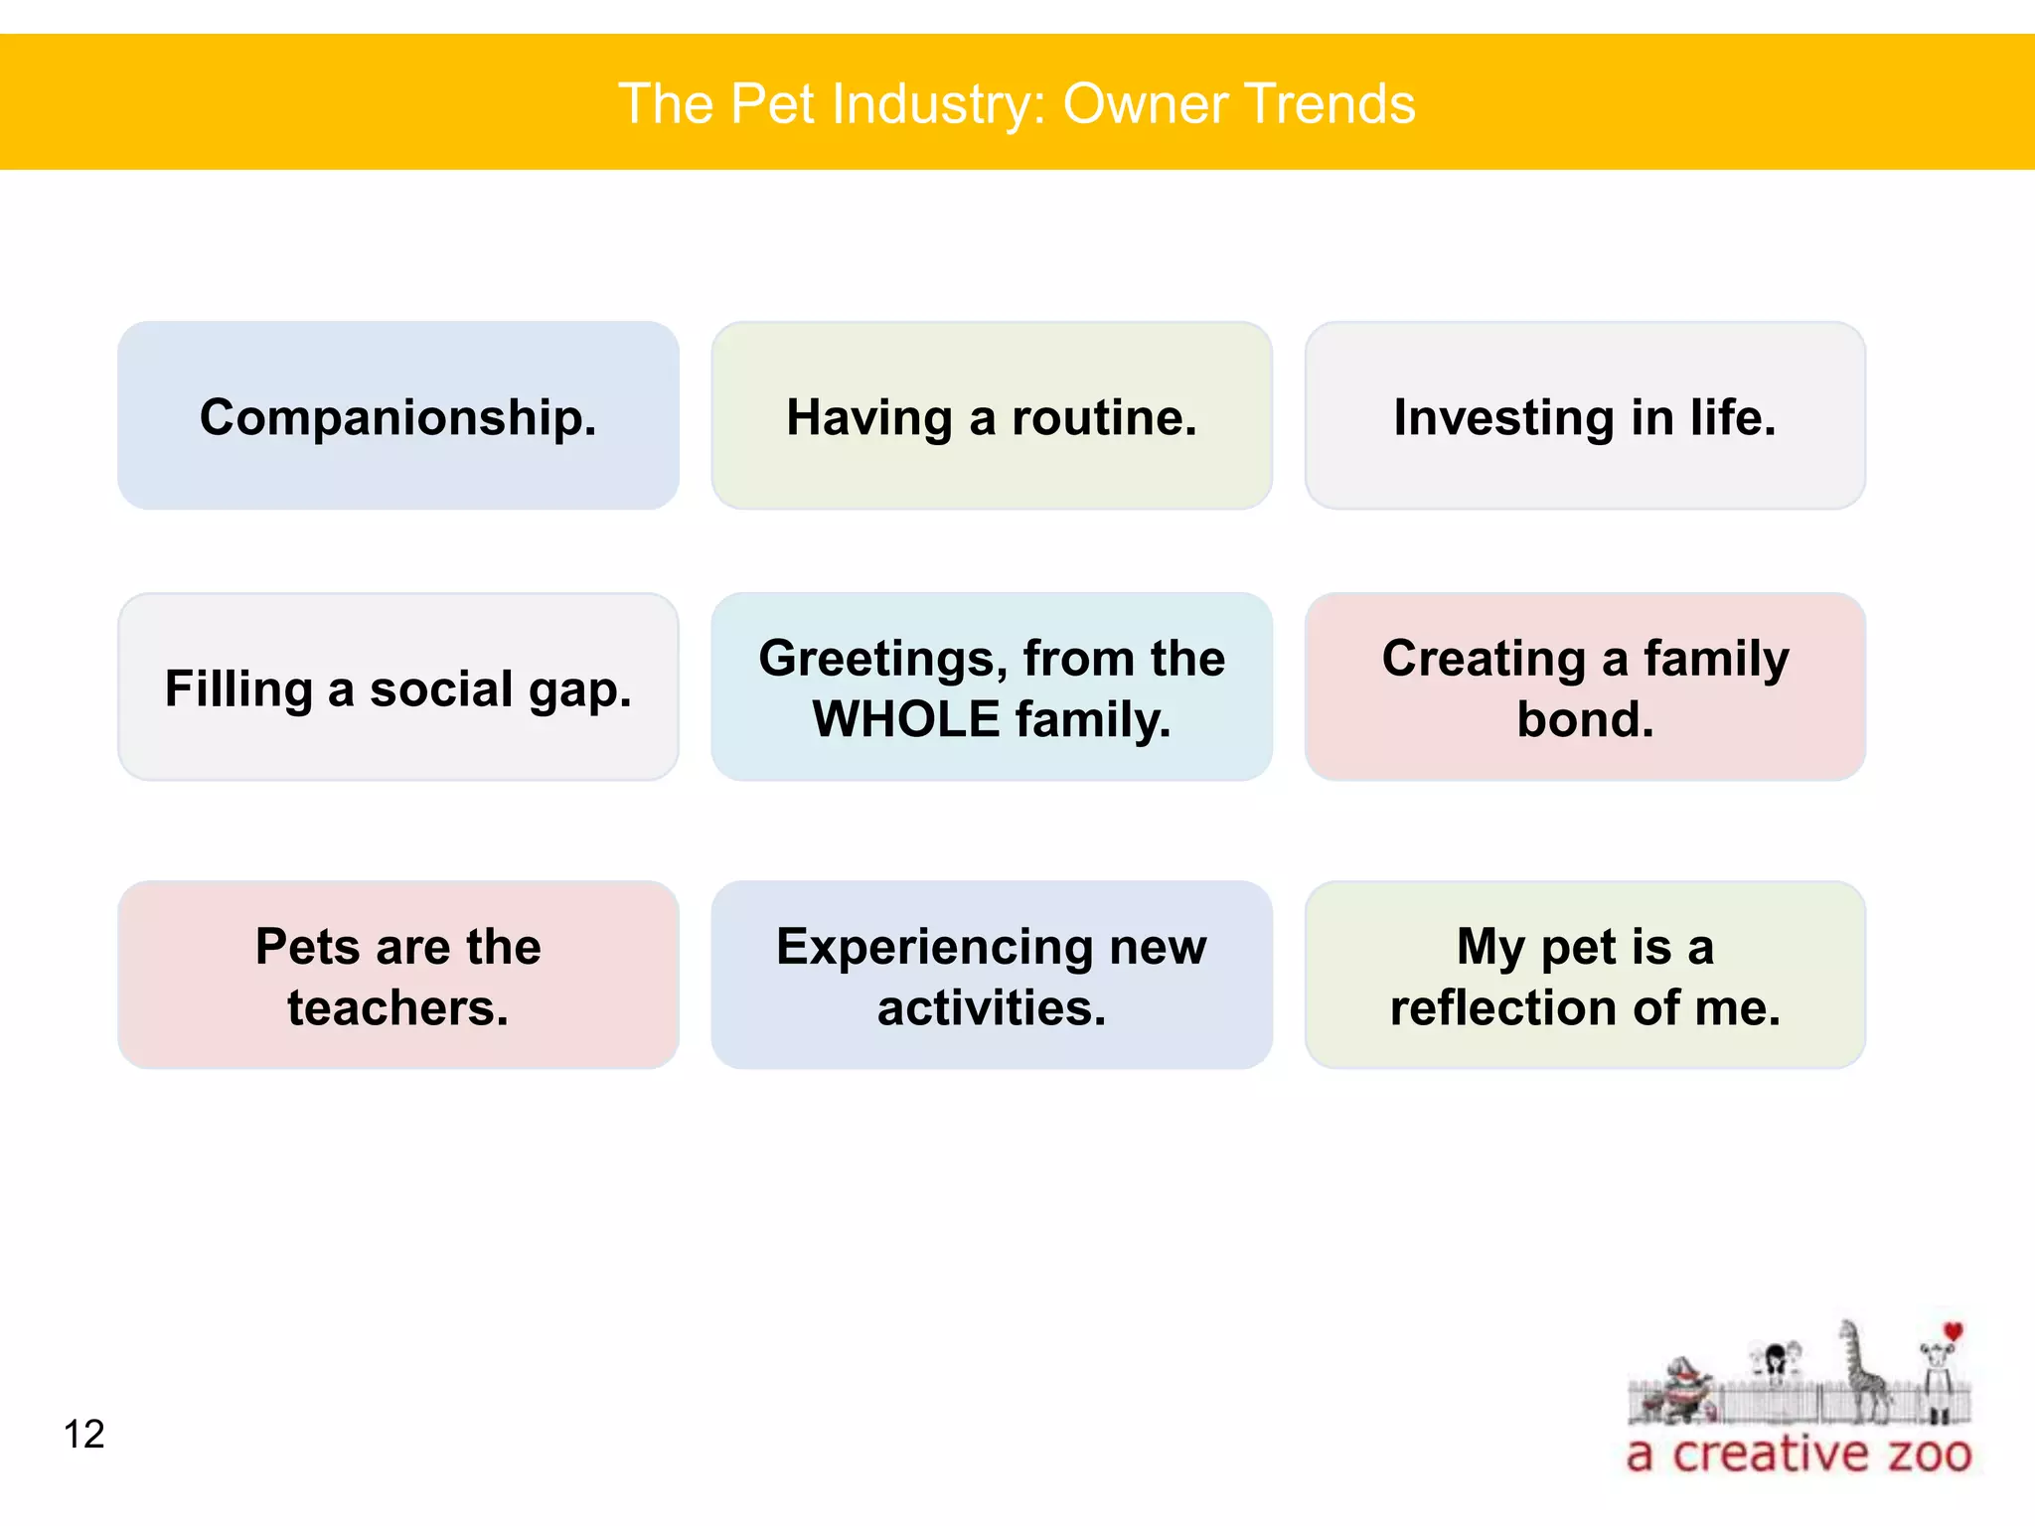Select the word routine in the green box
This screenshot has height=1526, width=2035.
click(x=1103, y=417)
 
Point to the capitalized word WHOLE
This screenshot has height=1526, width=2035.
click(x=905, y=719)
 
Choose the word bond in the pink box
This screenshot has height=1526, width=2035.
click(x=1584, y=719)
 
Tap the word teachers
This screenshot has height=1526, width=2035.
click(x=397, y=1007)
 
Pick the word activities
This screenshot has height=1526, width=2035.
click(x=991, y=1007)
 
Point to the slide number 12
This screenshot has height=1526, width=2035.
click(x=83, y=1434)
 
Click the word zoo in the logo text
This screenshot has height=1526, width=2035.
click(x=1929, y=1454)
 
